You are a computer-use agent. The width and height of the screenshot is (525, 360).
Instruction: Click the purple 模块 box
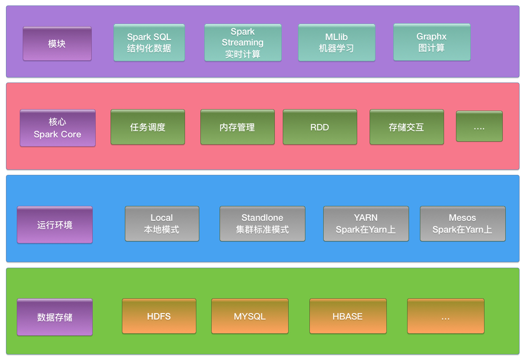click(57, 43)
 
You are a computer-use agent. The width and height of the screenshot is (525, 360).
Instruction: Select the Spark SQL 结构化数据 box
click(149, 42)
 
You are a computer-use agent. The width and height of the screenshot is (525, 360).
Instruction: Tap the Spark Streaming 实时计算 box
click(243, 43)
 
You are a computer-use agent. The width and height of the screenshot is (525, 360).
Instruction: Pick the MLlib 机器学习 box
click(337, 42)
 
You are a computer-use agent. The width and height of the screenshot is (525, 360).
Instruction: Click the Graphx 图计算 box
click(432, 42)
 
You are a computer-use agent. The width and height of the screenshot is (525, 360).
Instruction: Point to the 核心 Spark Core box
click(58, 128)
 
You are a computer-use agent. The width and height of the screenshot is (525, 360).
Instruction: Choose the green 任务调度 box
click(148, 127)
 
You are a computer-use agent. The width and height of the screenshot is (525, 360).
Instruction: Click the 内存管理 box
click(237, 127)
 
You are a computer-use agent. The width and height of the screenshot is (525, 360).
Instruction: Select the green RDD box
click(320, 127)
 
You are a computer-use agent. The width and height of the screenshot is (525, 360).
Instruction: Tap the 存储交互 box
click(407, 127)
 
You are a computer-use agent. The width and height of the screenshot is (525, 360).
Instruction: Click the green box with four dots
click(479, 126)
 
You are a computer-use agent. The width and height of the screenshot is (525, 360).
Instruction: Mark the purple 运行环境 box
click(55, 225)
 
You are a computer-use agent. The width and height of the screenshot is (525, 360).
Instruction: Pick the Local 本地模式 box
click(162, 224)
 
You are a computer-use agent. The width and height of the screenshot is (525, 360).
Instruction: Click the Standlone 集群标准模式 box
click(262, 224)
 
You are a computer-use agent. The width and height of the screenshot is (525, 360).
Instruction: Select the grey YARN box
click(366, 224)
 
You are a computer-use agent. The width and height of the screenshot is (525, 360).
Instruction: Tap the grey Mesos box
click(463, 224)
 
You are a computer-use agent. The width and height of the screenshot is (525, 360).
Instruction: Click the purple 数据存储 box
click(55, 317)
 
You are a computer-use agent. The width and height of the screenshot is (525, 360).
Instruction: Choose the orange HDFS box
click(159, 316)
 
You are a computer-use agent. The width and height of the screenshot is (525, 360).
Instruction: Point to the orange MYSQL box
click(250, 316)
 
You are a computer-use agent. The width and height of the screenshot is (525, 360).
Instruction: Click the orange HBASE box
click(348, 316)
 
